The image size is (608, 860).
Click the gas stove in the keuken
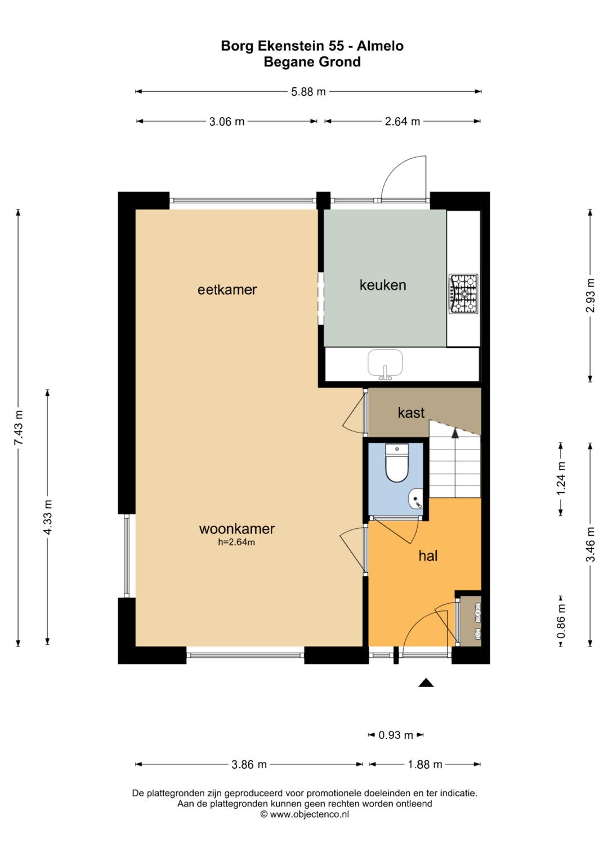tap(464, 293)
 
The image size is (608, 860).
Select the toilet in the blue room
tap(396, 463)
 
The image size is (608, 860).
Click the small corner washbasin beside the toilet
tap(415, 498)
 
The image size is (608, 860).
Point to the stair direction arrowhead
tap(455, 433)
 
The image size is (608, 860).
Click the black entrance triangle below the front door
tap(426, 683)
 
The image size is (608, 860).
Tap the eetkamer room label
tap(227, 289)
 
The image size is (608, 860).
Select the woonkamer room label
tap(237, 529)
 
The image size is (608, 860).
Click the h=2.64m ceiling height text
tap(236, 542)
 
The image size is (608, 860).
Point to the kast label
tap(411, 413)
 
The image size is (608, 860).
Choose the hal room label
tap(428, 556)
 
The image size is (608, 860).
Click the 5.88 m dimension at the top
tap(309, 92)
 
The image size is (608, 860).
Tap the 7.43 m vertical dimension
tap(19, 427)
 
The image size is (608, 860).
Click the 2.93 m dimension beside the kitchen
tap(590, 296)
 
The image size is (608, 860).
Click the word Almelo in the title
tap(380, 46)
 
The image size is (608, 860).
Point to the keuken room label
tap(383, 286)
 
